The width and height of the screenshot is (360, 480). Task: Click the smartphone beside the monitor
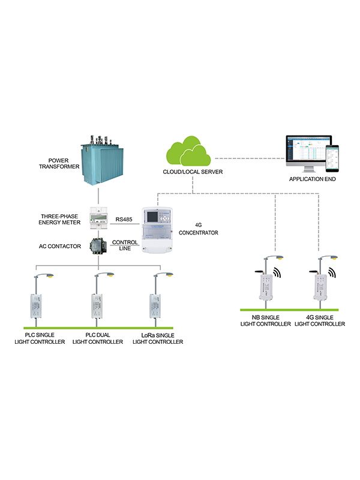tap(332, 160)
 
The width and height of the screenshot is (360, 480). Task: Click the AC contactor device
tap(97, 246)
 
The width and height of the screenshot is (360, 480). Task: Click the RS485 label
tap(124, 220)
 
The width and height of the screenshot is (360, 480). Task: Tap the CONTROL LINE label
tap(125, 246)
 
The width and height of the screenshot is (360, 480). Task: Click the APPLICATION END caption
tap(311, 179)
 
